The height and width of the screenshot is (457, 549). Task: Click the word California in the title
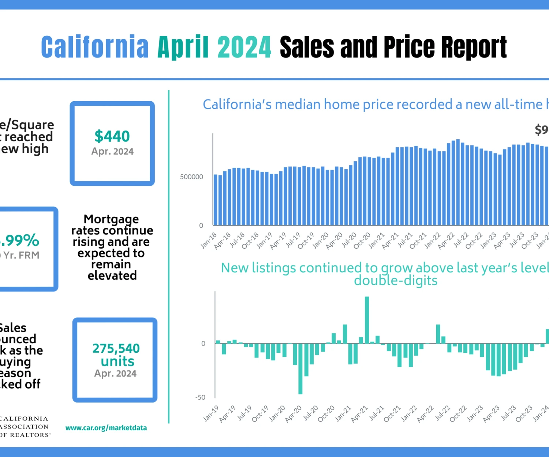[x=95, y=47]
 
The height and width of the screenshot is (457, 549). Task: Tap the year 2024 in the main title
[x=244, y=47]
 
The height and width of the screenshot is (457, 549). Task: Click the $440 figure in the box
[x=112, y=136]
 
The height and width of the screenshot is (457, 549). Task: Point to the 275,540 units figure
[x=116, y=355]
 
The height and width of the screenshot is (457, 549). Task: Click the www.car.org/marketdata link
[x=106, y=428]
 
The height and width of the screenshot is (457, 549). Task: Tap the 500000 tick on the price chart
[x=191, y=177]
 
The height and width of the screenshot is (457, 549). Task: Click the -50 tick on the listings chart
[x=200, y=397]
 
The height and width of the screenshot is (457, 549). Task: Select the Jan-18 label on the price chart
[x=209, y=241]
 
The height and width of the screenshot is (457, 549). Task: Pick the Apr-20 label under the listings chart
[x=293, y=413]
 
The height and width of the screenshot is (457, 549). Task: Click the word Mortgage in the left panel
[x=111, y=219]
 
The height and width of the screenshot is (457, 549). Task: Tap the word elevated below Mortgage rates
[x=112, y=275]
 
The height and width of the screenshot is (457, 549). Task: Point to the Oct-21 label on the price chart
[x=418, y=241]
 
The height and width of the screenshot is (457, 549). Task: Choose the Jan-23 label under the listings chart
[x=475, y=413]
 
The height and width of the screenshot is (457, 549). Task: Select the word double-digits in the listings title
[x=396, y=280]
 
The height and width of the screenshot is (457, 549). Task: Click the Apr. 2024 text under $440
[x=112, y=151]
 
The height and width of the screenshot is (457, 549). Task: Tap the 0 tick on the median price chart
[x=201, y=226]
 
